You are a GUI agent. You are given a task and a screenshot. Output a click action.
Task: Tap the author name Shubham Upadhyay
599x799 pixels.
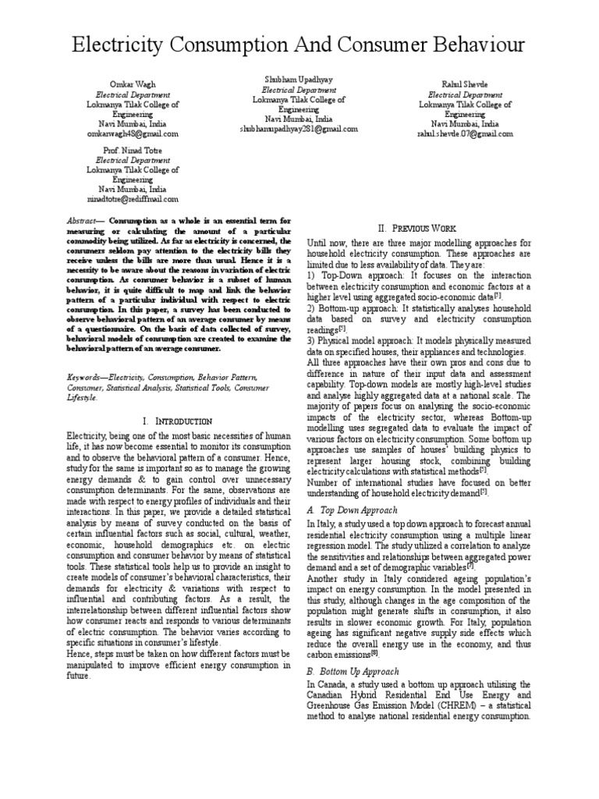(299, 80)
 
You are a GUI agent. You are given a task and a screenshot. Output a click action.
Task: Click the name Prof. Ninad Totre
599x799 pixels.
(132, 149)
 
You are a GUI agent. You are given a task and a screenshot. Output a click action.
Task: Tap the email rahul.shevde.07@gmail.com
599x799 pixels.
(465, 133)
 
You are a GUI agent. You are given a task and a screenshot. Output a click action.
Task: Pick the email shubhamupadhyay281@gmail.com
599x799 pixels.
(299, 130)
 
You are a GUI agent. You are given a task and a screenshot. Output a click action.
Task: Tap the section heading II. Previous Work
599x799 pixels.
(420, 228)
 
